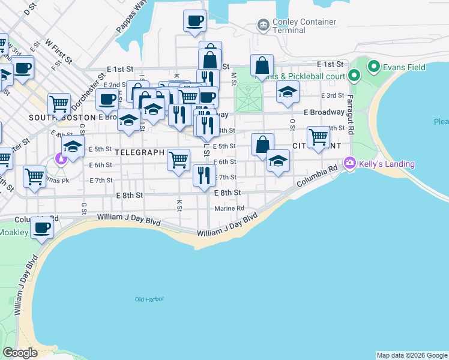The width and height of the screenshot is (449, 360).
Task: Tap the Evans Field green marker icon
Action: [x=372, y=66]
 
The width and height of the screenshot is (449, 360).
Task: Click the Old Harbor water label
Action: [x=149, y=299]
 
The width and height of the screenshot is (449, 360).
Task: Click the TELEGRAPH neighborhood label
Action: [x=140, y=152]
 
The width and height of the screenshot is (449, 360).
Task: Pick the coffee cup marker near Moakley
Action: [x=42, y=228]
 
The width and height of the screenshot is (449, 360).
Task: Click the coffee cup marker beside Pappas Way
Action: [x=195, y=21]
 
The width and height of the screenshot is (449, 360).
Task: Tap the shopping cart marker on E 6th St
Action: [x=178, y=160]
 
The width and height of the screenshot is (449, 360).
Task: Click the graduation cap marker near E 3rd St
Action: [x=288, y=92]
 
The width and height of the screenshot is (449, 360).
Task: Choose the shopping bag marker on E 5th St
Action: [x=262, y=145]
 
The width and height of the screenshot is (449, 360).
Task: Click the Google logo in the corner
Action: [x=20, y=353]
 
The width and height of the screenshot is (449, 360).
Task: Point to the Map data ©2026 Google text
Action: [x=411, y=355]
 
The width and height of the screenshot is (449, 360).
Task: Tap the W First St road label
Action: [x=59, y=52]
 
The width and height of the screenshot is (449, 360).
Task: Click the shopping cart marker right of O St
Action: [x=318, y=137]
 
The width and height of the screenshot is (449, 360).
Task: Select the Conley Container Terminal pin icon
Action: [x=262, y=25]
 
